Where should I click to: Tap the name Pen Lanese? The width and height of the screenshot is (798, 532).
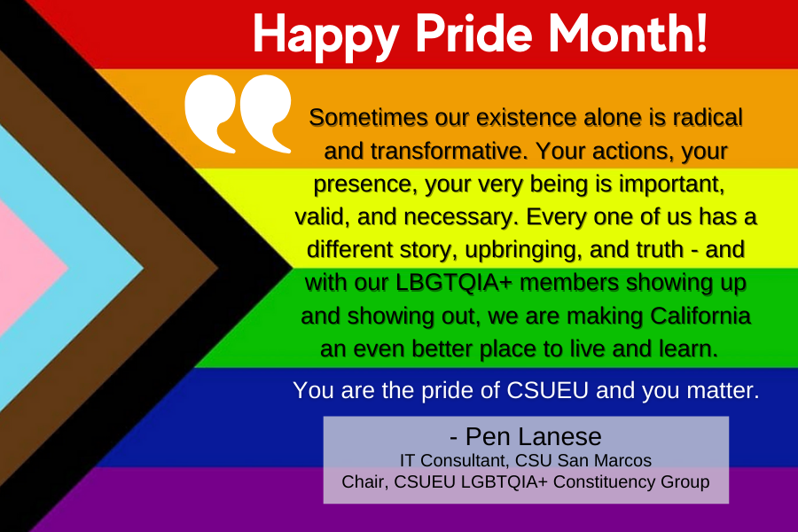526,437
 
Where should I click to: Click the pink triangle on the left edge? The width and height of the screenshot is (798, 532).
27,266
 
